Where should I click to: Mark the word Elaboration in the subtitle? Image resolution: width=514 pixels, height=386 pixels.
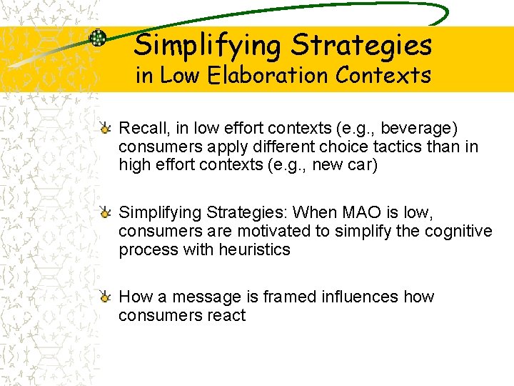coord(248,75)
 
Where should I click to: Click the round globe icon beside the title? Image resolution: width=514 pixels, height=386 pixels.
coord(97,39)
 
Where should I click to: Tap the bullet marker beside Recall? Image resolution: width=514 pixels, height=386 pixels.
coord(105,129)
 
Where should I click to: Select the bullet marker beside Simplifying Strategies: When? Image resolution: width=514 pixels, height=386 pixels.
coord(105,212)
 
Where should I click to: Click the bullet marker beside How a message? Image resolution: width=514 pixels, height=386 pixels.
coord(105,297)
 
